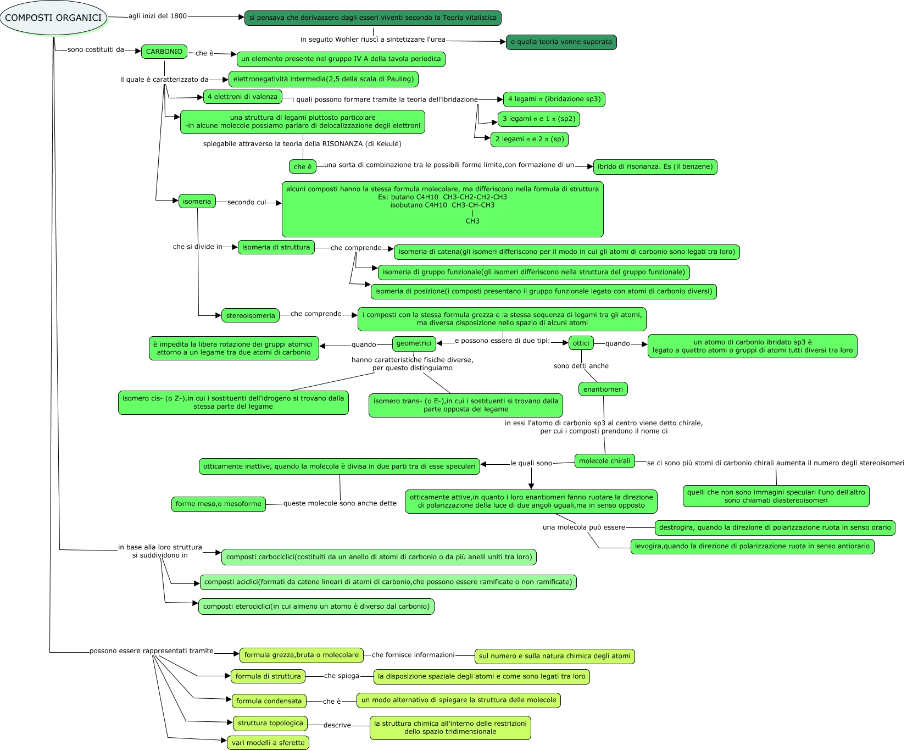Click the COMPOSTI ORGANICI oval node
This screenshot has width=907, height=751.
53,18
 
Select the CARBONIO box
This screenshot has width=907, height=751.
164,52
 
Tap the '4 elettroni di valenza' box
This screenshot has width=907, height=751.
242,97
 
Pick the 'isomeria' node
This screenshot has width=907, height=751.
197,202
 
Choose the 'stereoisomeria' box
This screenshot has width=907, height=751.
251,316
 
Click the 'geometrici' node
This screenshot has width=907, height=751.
414,343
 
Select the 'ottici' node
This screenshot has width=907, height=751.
581,343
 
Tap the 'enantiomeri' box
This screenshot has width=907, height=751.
603,390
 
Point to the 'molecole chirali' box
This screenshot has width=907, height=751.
605,461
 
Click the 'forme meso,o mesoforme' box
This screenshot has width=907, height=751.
219,504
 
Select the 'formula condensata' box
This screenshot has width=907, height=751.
269,701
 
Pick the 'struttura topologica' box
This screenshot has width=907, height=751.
270,723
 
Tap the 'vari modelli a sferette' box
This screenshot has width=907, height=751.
268,743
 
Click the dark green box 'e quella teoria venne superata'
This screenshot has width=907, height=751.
561,42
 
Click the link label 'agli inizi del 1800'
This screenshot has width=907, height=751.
158,16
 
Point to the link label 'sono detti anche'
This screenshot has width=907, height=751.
581,366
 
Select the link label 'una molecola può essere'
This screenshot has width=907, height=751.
583,527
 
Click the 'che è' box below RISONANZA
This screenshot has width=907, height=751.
303,166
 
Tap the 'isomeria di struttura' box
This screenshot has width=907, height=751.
276,247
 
